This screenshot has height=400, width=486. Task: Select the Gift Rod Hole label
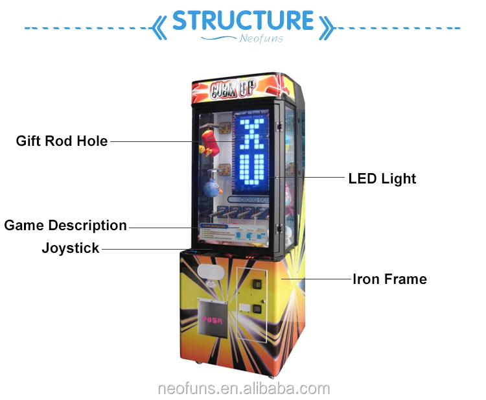62,141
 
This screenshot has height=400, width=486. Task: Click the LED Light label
382,178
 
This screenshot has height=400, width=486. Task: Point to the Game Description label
65,226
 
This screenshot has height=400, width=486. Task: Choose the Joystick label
71,248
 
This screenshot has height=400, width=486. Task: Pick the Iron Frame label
389,279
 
